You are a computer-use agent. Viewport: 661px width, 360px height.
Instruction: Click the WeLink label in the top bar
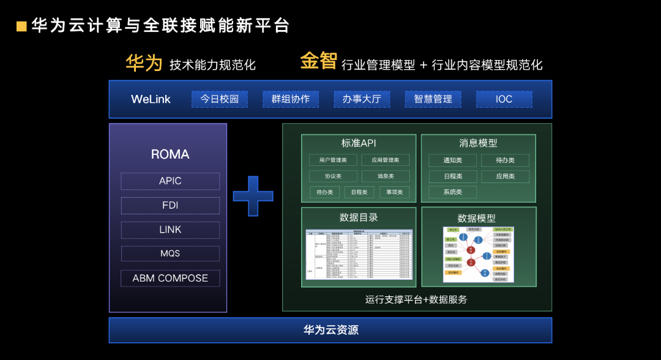click(151, 99)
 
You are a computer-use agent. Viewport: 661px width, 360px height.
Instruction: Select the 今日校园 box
click(220, 99)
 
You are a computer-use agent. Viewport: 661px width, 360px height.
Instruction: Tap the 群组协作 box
click(291, 99)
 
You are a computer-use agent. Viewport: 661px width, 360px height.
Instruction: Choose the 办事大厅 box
click(362, 99)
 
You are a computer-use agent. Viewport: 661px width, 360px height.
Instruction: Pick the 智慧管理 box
click(433, 99)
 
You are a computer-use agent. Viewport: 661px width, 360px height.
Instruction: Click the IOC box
click(504, 99)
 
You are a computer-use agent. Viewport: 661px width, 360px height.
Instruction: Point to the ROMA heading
click(170, 154)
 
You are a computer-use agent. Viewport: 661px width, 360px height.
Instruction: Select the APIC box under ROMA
click(170, 181)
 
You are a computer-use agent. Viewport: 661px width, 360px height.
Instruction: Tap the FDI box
click(170, 206)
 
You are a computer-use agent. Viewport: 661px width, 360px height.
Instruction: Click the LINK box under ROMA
click(170, 230)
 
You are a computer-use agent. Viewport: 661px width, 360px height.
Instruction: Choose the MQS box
click(170, 253)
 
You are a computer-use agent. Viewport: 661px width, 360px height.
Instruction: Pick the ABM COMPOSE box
click(170, 278)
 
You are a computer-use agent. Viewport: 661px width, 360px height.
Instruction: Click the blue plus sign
click(253, 196)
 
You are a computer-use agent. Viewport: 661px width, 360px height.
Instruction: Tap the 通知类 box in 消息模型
click(453, 160)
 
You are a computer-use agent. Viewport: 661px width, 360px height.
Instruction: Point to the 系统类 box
click(453, 192)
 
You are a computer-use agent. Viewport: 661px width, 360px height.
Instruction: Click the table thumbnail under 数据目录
click(359, 255)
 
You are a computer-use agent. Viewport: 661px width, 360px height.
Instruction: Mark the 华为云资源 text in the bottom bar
click(330, 331)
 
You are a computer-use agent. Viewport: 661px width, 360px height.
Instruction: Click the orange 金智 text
click(318, 61)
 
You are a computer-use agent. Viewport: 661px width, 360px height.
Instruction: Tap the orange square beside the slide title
click(22, 26)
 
